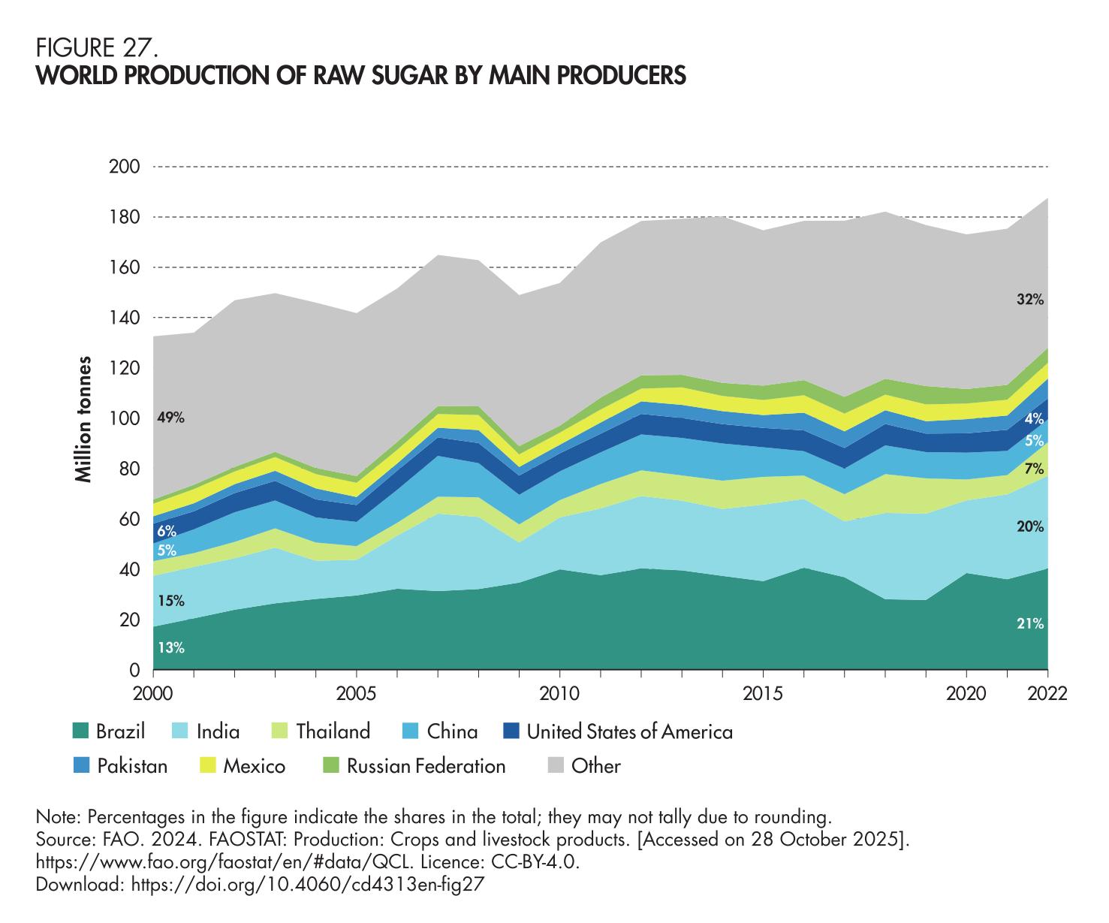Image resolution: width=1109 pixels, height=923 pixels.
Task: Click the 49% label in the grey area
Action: [x=170, y=418]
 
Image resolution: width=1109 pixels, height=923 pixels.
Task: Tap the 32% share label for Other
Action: [x=1030, y=300]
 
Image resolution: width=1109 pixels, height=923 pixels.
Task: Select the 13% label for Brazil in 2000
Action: [x=170, y=647]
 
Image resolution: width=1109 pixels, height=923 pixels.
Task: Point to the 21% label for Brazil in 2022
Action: [x=1030, y=623]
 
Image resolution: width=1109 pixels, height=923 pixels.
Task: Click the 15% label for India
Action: [x=170, y=601]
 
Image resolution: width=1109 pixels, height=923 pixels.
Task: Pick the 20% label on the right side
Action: [x=1030, y=527]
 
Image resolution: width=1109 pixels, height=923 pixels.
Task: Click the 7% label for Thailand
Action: [x=1034, y=469]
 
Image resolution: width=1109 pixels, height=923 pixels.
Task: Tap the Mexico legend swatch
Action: [x=208, y=766]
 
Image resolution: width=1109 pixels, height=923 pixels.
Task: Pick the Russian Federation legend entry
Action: [x=426, y=766]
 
